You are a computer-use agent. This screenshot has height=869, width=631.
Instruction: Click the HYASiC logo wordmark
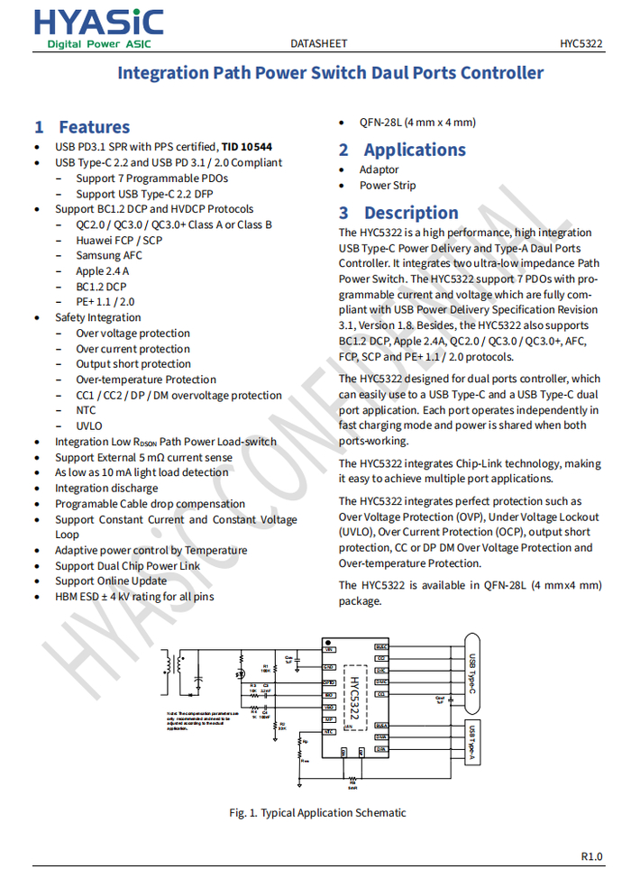(99, 22)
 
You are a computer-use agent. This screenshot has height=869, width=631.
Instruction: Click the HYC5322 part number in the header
(581, 43)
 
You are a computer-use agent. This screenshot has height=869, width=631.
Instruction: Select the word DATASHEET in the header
(318, 43)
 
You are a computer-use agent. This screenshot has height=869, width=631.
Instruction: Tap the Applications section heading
(415, 150)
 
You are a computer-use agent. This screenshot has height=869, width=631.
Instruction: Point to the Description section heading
(411, 213)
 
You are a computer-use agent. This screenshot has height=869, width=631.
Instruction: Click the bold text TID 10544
(247, 147)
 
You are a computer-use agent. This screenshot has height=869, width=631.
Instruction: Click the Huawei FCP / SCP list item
(119, 240)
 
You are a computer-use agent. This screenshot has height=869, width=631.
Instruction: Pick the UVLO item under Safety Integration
(89, 425)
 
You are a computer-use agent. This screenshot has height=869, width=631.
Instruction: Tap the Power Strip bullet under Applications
(388, 186)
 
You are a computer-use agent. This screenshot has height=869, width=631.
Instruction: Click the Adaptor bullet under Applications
(379, 169)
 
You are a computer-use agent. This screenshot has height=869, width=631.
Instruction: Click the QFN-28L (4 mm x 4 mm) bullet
(417, 123)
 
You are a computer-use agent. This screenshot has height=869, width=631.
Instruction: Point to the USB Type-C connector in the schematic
(471, 673)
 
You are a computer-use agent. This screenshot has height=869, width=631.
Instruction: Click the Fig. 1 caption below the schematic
(317, 812)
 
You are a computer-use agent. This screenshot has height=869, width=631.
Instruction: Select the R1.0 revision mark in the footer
(591, 855)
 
